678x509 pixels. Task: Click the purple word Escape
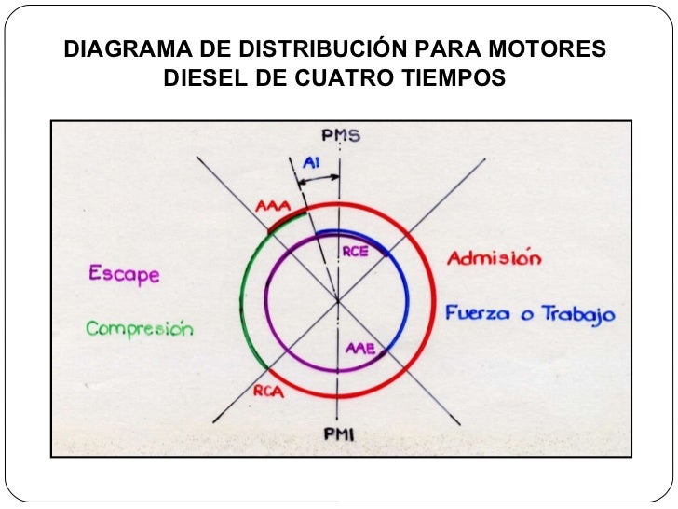coord(124,275)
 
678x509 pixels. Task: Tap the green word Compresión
coord(140,329)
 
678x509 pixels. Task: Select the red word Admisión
coord(495,259)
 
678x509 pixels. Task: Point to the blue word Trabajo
coord(579,315)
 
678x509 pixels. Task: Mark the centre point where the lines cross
coord(338,300)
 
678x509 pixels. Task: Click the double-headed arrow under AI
coord(318,177)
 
